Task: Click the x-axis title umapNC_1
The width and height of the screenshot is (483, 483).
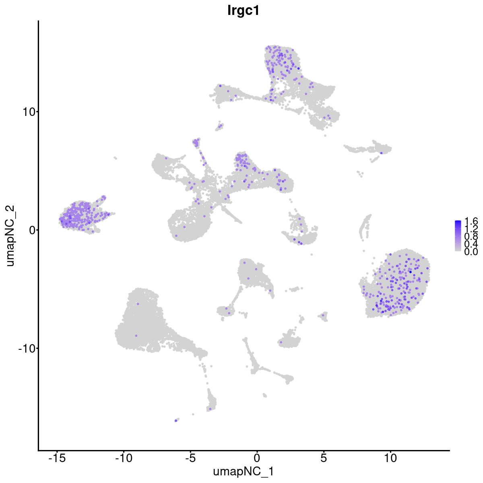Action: click(x=244, y=471)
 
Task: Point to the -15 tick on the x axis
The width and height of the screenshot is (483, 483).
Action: click(x=57, y=458)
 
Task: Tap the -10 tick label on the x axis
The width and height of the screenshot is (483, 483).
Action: click(x=124, y=458)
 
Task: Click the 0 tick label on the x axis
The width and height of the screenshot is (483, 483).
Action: click(x=257, y=458)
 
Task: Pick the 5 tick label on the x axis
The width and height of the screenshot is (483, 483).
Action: click(x=324, y=458)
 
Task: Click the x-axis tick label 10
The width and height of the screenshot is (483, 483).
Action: click(x=390, y=458)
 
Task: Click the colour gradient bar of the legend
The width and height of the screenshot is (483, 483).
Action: click(x=458, y=236)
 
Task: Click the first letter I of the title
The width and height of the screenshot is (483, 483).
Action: click(x=229, y=10)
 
